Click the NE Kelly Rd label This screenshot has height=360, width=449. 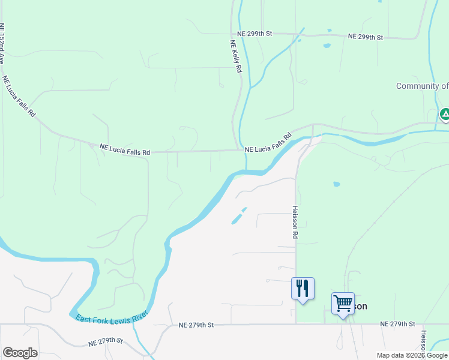pos(236,56)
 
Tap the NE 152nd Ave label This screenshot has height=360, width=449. pos(2,44)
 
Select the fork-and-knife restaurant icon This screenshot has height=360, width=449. pos(303,289)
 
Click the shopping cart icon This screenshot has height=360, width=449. pos(343,304)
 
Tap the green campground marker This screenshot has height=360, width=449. pos(445,114)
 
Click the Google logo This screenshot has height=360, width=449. pos(20,353)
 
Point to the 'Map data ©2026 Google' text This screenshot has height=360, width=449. pos(412,355)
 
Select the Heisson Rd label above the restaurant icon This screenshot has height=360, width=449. pos(295,223)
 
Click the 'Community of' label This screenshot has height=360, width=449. pos(422,86)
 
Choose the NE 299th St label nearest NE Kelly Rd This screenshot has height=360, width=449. pos(255,34)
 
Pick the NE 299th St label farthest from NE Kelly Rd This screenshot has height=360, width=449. pos(366,37)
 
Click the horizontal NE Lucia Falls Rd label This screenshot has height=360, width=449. pos(124,149)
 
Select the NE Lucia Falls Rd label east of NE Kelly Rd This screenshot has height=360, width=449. pos(268,142)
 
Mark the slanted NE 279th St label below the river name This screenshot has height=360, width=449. pos(105,342)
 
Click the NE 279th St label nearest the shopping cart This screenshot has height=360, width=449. pos(397,324)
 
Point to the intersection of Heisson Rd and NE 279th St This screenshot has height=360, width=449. pos(295,325)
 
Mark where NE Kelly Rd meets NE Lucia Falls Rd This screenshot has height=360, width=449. pos(236,150)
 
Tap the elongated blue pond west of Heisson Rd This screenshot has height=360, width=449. pos(239,216)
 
